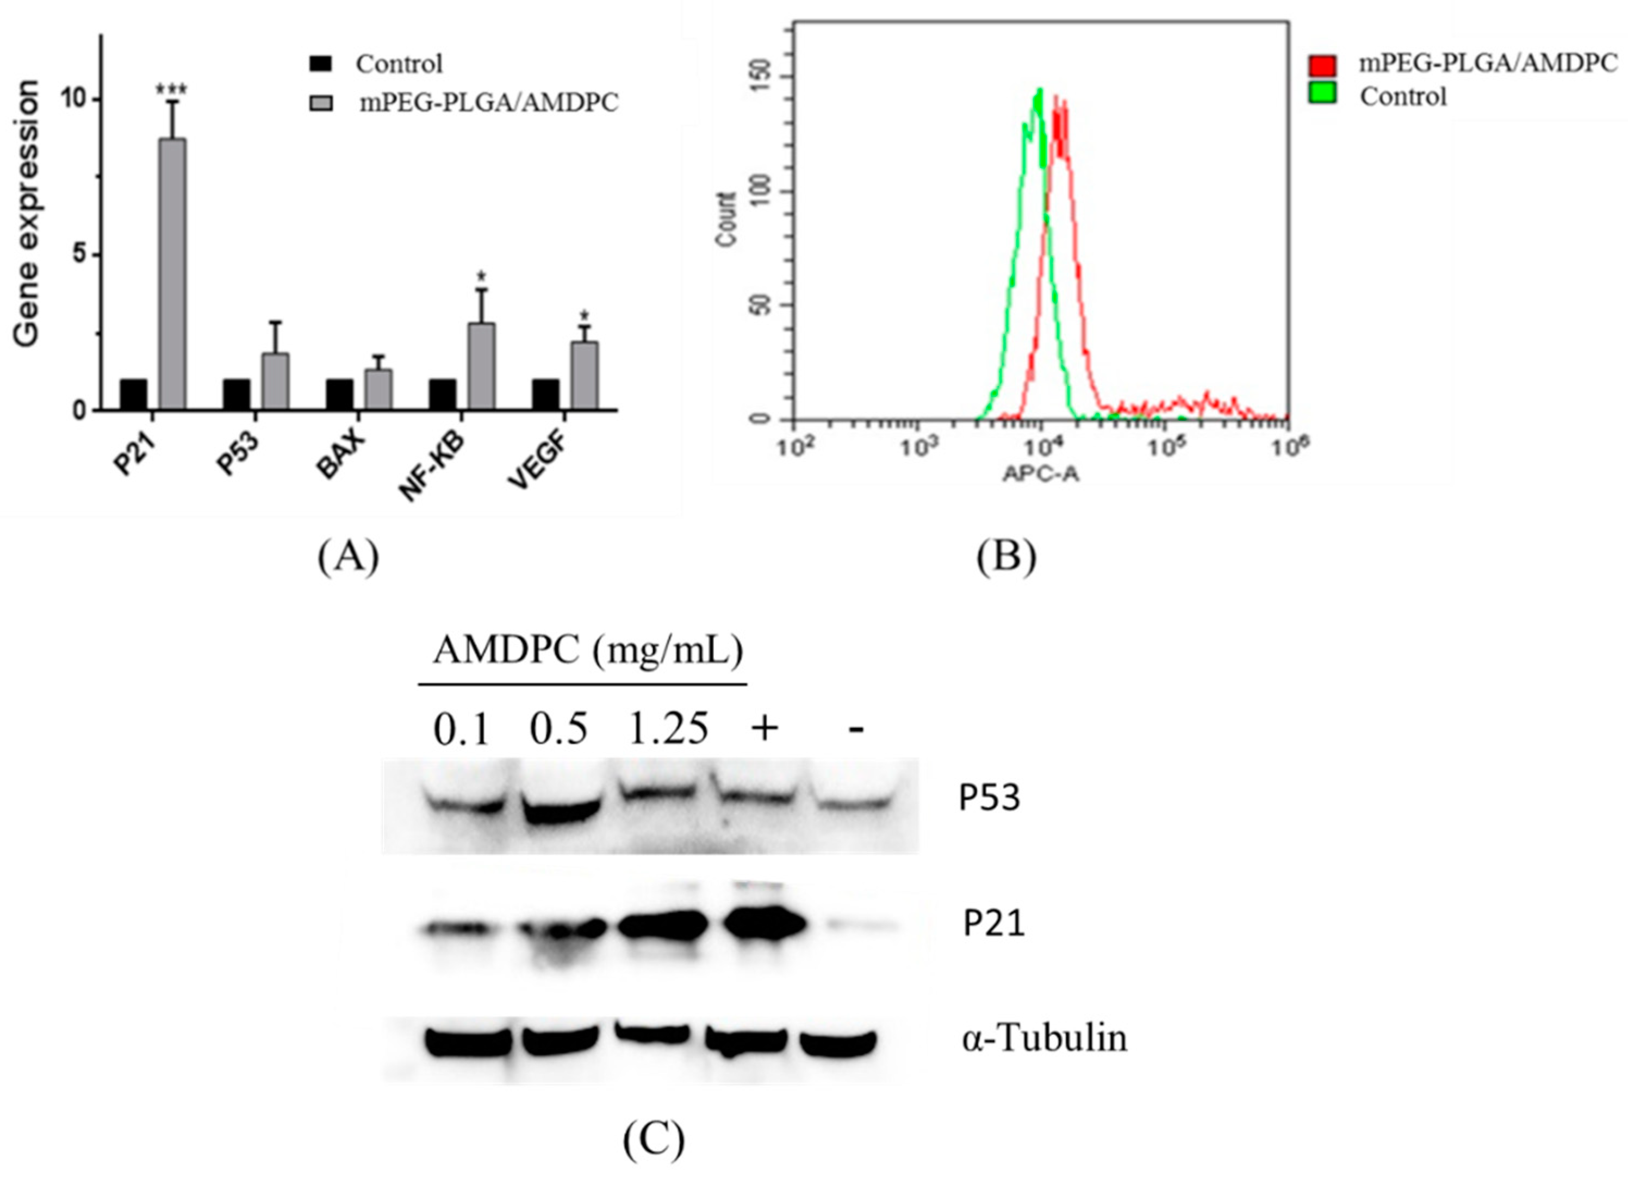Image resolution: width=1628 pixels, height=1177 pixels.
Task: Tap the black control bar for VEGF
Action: pyautogui.click(x=545, y=394)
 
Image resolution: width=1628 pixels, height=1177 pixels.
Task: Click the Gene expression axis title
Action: pyautogui.click(x=27, y=214)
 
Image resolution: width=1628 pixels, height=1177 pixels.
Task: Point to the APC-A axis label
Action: pyautogui.click(x=1040, y=474)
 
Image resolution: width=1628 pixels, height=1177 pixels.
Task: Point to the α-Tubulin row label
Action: pyautogui.click(x=1045, y=1038)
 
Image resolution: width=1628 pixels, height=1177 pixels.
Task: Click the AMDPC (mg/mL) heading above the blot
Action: pyautogui.click(x=587, y=651)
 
